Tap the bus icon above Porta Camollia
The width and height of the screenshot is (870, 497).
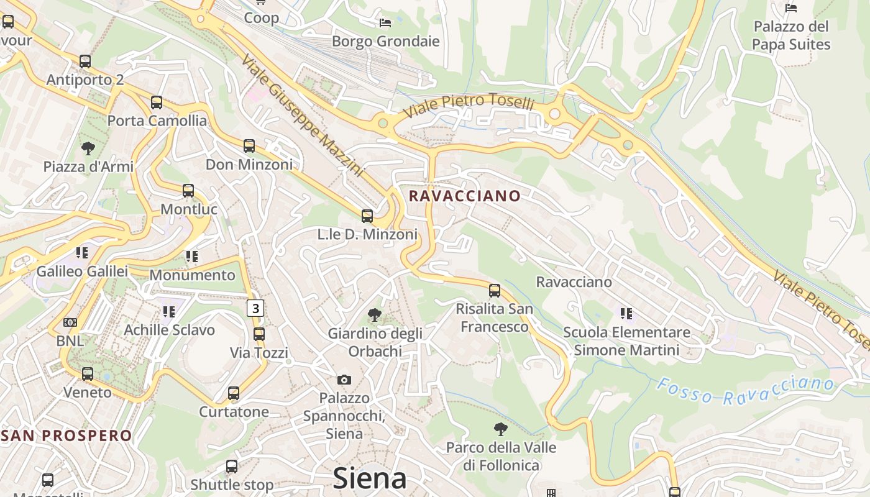(x=157, y=103)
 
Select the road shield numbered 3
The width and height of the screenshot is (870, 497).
(x=255, y=308)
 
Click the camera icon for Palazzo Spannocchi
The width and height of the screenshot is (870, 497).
(x=344, y=380)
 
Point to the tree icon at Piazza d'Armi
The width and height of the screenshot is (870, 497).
(x=88, y=148)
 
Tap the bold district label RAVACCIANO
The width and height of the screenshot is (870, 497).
(x=465, y=196)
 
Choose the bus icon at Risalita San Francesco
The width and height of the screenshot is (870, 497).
(x=495, y=290)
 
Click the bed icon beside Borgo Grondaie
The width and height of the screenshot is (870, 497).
(x=385, y=23)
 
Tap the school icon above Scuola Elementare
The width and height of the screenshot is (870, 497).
(x=626, y=314)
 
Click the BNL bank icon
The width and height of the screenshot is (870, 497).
(x=70, y=322)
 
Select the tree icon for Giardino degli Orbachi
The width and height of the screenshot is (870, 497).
(x=374, y=315)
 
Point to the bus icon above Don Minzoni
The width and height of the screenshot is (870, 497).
(x=249, y=146)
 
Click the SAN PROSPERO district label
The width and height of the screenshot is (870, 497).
(x=66, y=435)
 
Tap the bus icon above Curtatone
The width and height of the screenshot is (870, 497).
(x=234, y=393)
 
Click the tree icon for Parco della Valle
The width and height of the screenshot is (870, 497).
(x=500, y=429)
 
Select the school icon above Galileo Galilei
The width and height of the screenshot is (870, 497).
(x=81, y=253)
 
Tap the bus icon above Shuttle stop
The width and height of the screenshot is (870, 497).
(x=232, y=466)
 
